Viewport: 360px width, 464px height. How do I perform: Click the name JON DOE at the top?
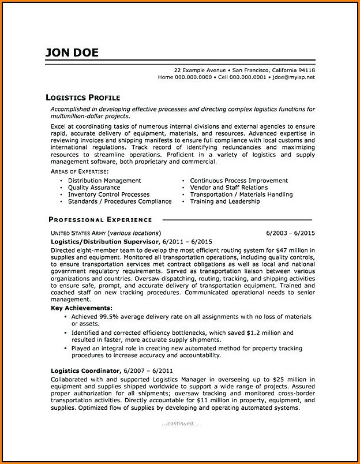click(x=72, y=53)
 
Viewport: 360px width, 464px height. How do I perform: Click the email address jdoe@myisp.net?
click(x=294, y=77)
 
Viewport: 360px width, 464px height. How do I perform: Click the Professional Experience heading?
click(x=100, y=219)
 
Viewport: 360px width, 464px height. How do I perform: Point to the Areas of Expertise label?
click(x=78, y=172)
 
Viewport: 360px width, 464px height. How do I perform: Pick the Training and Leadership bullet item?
click(x=224, y=201)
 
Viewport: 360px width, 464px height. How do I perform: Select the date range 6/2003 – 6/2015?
click(x=290, y=233)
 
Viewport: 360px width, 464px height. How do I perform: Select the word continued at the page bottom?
click(x=181, y=423)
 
